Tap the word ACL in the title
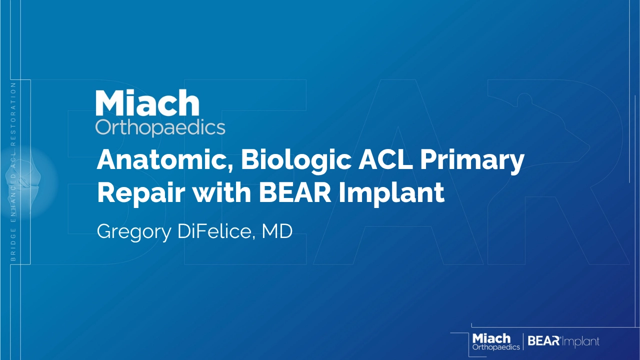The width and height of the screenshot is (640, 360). click(x=385, y=160)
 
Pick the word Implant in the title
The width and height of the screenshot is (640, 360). click(x=391, y=193)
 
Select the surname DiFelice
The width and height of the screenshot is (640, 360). click(x=215, y=231)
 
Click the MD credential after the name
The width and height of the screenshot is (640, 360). click(x=277, y=231)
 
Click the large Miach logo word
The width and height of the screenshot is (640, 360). click(x=147, y=102)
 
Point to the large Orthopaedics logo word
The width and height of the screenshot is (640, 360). click(x=160, y=128)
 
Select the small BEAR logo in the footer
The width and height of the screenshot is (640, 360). click(x=543, y=341)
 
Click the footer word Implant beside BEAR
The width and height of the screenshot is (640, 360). click(x=580, y=341)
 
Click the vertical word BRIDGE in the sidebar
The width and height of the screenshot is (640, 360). click(x=13, y=244)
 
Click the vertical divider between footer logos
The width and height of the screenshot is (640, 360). click(x=523, y=341)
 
